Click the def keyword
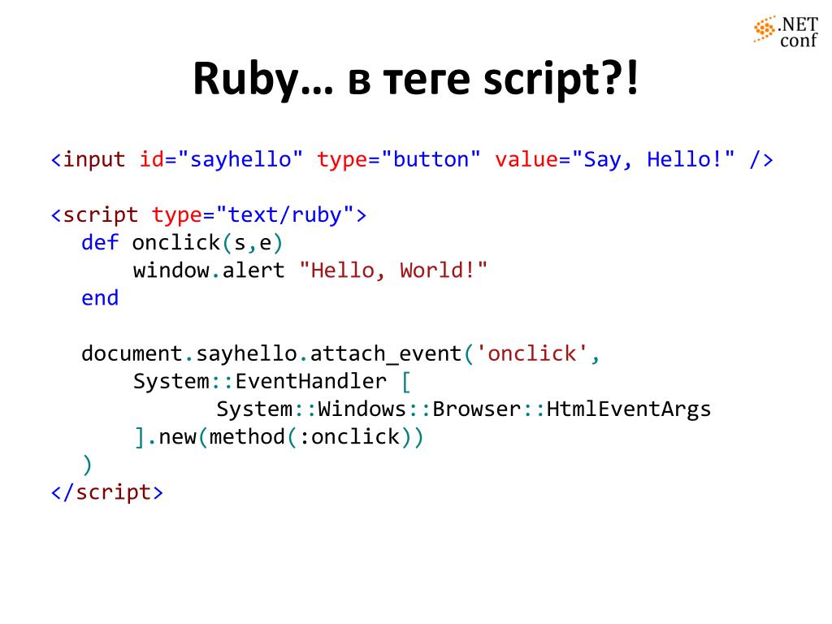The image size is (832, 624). (x=100, y=243)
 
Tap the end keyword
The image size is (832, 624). (x=100, y=298)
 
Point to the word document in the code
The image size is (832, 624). (x=132, y=354)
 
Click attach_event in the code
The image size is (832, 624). (x=386, y=354)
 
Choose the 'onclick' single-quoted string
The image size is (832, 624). (x=532, y=354)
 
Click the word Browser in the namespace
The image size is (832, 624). (x=476, y=409)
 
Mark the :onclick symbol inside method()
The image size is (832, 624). (x=355, y=437)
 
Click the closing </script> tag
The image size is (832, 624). (x=106, y=492)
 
